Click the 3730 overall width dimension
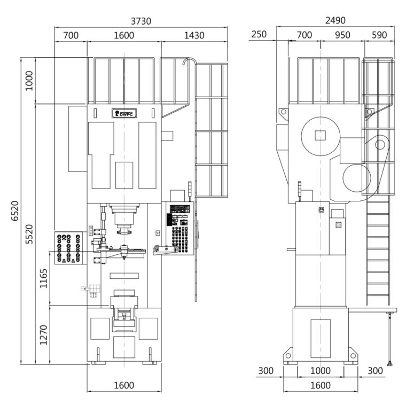[x=141, y=21]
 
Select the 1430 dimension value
[x=194, y=35]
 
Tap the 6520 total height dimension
[x=15, y=211]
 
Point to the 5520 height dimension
[x=29, y=234]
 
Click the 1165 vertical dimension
[x=43, y=278]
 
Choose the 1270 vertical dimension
[x=43, y=335]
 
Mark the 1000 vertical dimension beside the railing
[x=29, y=81]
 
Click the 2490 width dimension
[x=335, y=20]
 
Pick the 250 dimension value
[x=259, y=34]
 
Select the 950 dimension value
[x=342, y=35]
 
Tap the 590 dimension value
[x=379, y=35]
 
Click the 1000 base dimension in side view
[x=321, y=371]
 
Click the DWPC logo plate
[x=124, y=113]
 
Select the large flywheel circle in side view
[x=321, y=117]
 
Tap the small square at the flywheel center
[x=321, y=135]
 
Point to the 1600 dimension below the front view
[x=124, y=385]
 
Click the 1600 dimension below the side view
[x=321, y=385]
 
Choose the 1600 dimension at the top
[x=124, y=35]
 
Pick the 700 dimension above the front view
[x=71, y=35]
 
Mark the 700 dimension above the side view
[x=304, y=35]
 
